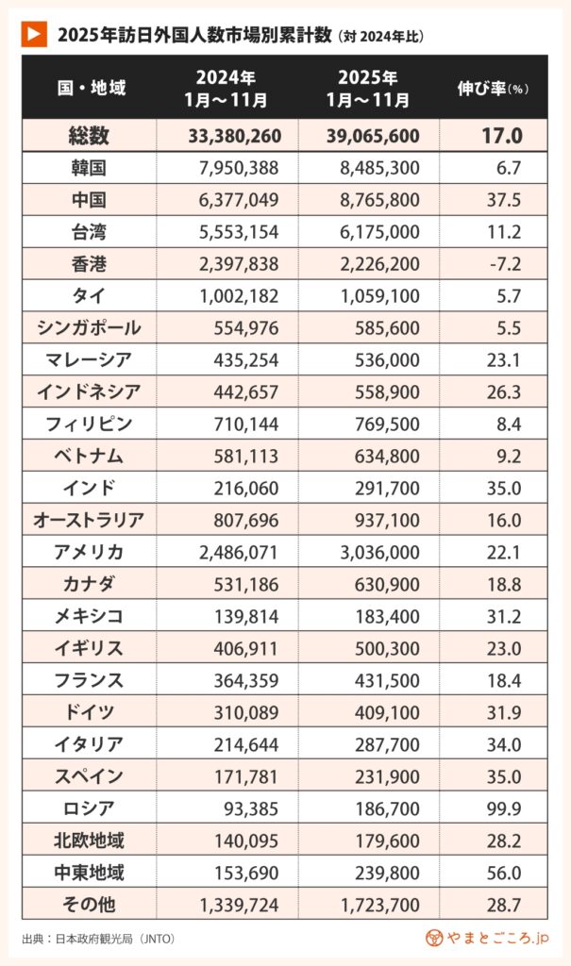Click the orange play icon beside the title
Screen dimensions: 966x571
34,34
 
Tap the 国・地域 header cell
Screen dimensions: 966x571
91,89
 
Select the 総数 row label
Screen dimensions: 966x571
89,136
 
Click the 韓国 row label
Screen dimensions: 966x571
89,168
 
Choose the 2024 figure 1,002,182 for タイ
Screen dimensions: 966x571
240,296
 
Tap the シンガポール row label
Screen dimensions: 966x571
89,327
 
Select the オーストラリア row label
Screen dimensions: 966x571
89,519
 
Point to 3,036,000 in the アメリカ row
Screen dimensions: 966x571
378,551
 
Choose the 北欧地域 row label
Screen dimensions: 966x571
89,839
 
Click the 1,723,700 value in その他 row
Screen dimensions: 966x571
378,903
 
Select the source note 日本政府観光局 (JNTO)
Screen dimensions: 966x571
99,939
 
